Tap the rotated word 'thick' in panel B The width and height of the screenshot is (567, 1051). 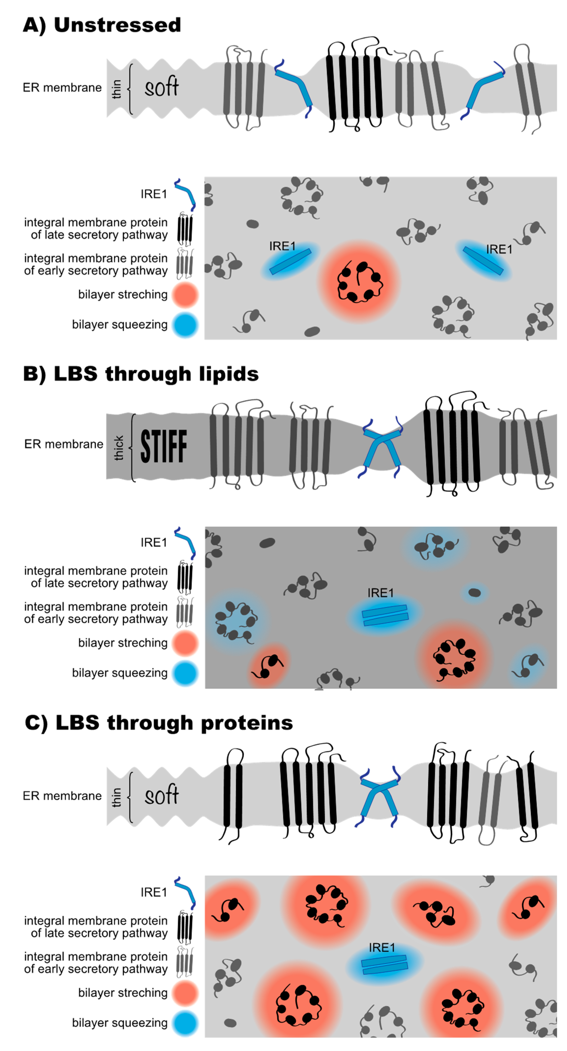point(119,447)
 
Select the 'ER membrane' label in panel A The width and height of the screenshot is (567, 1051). point(62,88)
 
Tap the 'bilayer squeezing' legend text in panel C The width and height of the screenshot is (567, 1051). point(120,1022)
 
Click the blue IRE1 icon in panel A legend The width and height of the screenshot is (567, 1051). point(185,193)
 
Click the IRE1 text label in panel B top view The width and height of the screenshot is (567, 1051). point(380,592)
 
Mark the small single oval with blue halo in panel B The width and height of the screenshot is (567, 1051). point(474,592)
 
